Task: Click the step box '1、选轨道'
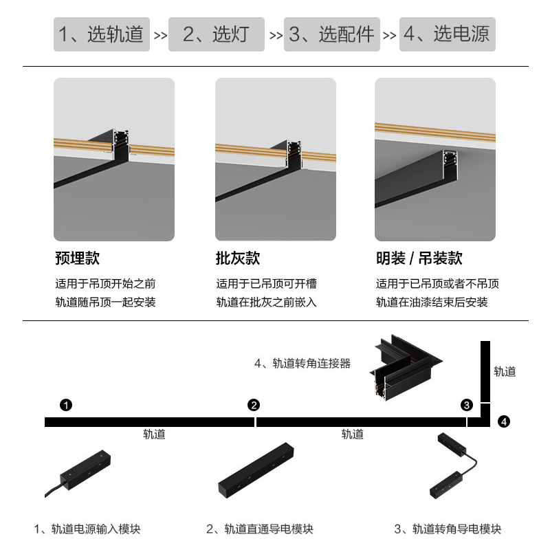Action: pos(102,34)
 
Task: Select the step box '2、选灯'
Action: pos(216,34)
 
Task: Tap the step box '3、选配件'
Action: pos(331,34)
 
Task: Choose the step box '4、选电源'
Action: pos(447,34)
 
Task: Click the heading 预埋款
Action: pos(77,258)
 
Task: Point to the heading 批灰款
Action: pos(238,258)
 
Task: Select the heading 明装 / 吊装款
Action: pos(419,258)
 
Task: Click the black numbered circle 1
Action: pos(65,404)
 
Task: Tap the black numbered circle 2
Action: pos(254,404)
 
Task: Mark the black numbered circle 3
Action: pos(467,404)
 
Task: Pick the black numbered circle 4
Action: pos(504,420)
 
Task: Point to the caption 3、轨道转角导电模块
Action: pos(448,529)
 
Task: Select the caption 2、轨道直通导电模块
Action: pos(260,529)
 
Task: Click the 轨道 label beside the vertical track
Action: pos(505,371)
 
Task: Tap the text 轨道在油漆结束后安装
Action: pos(432,302)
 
